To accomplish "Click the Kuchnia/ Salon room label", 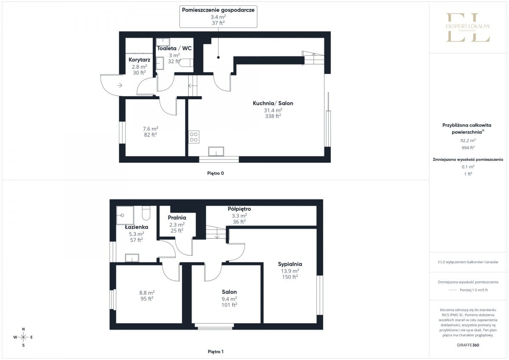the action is click(x=273, y=103).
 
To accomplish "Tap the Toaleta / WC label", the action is click(x=174, y=48).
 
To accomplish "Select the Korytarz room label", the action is click(x=139, y=60).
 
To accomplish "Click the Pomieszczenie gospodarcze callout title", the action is click(x=218, y=10).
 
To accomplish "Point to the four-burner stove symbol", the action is click(x=194, y=137).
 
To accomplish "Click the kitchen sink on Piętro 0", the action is click(x=216, y=151).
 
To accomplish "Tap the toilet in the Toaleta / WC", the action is click(x=186, y=63).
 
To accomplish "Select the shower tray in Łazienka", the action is click(x=125, y=215).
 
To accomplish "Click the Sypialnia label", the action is click(x=290, y=264).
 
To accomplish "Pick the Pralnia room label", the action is click(x=177, y=218).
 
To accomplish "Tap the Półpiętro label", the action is click(x=239, y=209).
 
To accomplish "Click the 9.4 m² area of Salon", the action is click(x=229, y=299).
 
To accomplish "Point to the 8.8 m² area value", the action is click(x=147, y=293).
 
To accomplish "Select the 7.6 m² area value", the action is click(x=151, y=129).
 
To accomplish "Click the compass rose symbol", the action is click(x=23, y=337).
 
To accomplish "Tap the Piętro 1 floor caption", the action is click(x=215, y=352).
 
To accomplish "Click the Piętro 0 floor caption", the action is click(x=215, y=173).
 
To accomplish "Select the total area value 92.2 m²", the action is click(x=468, y=141).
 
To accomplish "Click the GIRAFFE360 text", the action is click(x=468, y=345).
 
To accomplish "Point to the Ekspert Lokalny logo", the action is click(x=468, y=28).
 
